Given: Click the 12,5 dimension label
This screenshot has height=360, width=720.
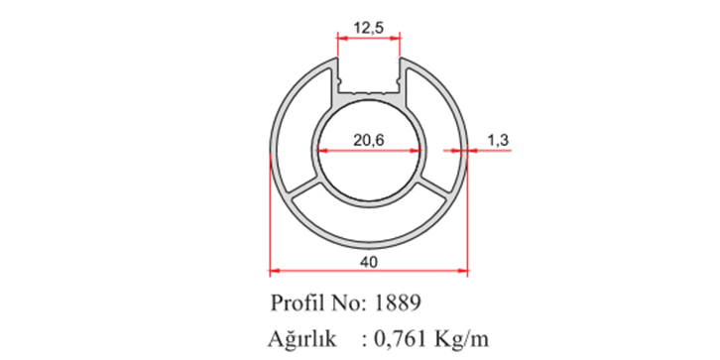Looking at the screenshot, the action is [x=369, y=27].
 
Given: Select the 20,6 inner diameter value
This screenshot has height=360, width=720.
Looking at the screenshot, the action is [x=369, y=141].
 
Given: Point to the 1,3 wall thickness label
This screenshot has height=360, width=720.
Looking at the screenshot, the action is [x=498, y=141].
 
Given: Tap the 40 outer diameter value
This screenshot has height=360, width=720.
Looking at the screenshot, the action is [x=369, y=262].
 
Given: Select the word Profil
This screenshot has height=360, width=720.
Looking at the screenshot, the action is [x=298, y=303].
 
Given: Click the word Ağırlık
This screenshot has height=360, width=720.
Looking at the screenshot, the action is [x=302, y=340].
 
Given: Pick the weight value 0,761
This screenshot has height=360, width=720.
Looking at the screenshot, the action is [x=401, y=340].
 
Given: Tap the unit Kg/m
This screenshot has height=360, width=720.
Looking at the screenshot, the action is [x=460, y=340].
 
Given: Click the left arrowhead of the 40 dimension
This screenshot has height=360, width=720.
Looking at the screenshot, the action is [x=274, y=271].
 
